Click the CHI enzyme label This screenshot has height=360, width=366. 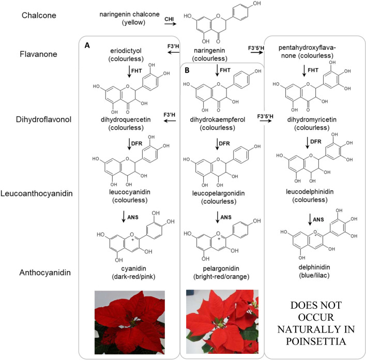click(x=169, y=21)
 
